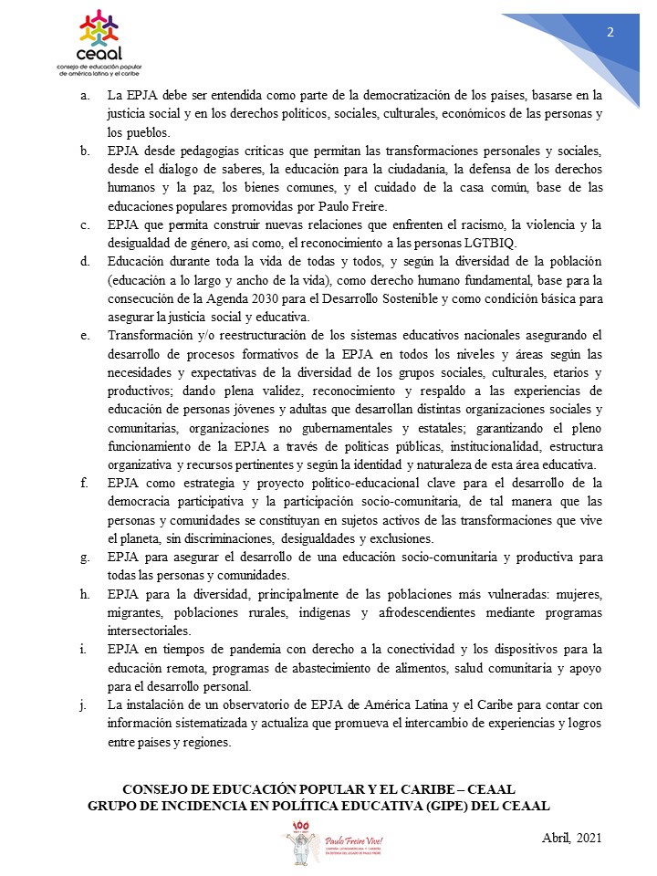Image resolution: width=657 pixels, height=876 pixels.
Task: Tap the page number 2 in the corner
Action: (610, 33)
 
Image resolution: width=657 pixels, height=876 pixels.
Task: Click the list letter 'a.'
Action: (85, 95)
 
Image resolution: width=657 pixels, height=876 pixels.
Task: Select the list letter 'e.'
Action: (85, 335)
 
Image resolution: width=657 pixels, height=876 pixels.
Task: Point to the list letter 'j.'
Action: (86, 705)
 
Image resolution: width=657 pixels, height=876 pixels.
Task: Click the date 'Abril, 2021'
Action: (567, 839)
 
